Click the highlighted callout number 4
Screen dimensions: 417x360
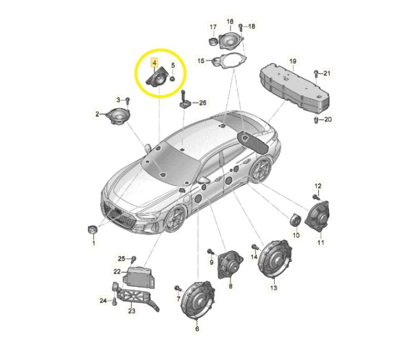click(154, 63)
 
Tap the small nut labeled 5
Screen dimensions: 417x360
click(172, 79)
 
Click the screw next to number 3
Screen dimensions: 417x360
click(127, 100)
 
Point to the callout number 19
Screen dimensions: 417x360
click(292, 61)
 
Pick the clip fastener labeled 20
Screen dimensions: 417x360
click(316, 120)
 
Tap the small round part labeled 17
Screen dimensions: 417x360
click(213, 42)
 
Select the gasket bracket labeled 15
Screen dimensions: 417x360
click(229, 61)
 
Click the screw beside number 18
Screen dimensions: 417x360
click(241, 27)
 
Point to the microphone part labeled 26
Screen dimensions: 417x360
click(184, 101)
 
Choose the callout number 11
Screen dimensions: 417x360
click(320, 242)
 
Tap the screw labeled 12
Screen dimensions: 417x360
click(316, 197)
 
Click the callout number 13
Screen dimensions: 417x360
click(273, 288)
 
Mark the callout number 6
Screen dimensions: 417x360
click(197, 328)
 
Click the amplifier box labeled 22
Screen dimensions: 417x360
click(139, 276)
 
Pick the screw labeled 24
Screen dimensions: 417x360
click(114, 302)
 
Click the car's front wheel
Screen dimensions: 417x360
click(175, 219)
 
